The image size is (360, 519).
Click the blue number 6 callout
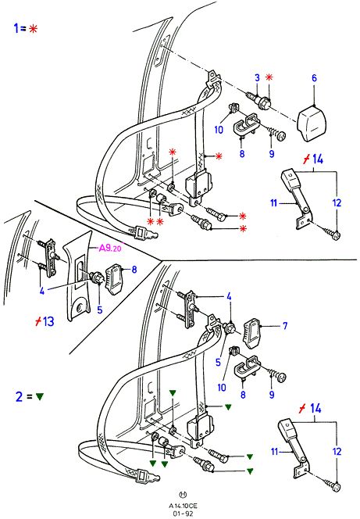tap(314, 78)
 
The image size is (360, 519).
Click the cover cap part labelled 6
tap(312, 123)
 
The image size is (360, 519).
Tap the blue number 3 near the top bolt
tap(257, 78)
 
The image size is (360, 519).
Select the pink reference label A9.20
tap(110, 248)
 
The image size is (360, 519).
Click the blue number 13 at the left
tap(48, 321)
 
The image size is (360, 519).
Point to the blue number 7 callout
tap(285, 326)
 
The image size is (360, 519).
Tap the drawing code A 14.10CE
tap(183, 506)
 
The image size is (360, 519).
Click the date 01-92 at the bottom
tap(183, 514)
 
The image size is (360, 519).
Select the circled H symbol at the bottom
tap(183, 495)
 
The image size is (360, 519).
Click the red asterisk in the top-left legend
tap(33, 29)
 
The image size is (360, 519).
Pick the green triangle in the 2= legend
tap(40, 396)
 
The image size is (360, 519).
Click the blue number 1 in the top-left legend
tap(16, 28)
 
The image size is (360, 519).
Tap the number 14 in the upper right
tap(317, 159)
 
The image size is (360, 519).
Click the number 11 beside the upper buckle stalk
tap(274, 202)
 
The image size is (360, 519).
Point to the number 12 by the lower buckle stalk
tap(337, 452)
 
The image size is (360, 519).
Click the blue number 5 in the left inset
tap(100, 310)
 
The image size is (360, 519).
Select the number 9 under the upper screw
tap(272, 154)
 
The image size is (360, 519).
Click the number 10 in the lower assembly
tap(222, 387)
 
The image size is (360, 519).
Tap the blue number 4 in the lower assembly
tap(229, 296)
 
